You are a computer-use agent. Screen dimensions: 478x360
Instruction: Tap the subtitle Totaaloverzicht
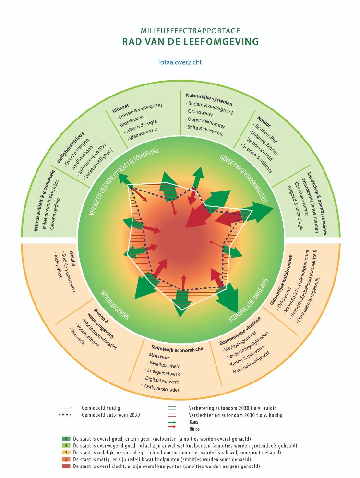tap(180, 62)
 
